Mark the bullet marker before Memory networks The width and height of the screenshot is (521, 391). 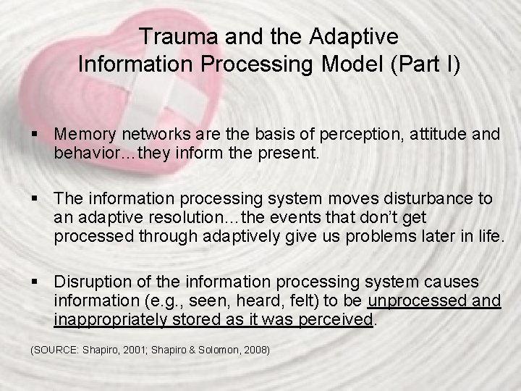(x=35, y=134)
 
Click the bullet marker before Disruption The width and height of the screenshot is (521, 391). (x=35, y=281)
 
